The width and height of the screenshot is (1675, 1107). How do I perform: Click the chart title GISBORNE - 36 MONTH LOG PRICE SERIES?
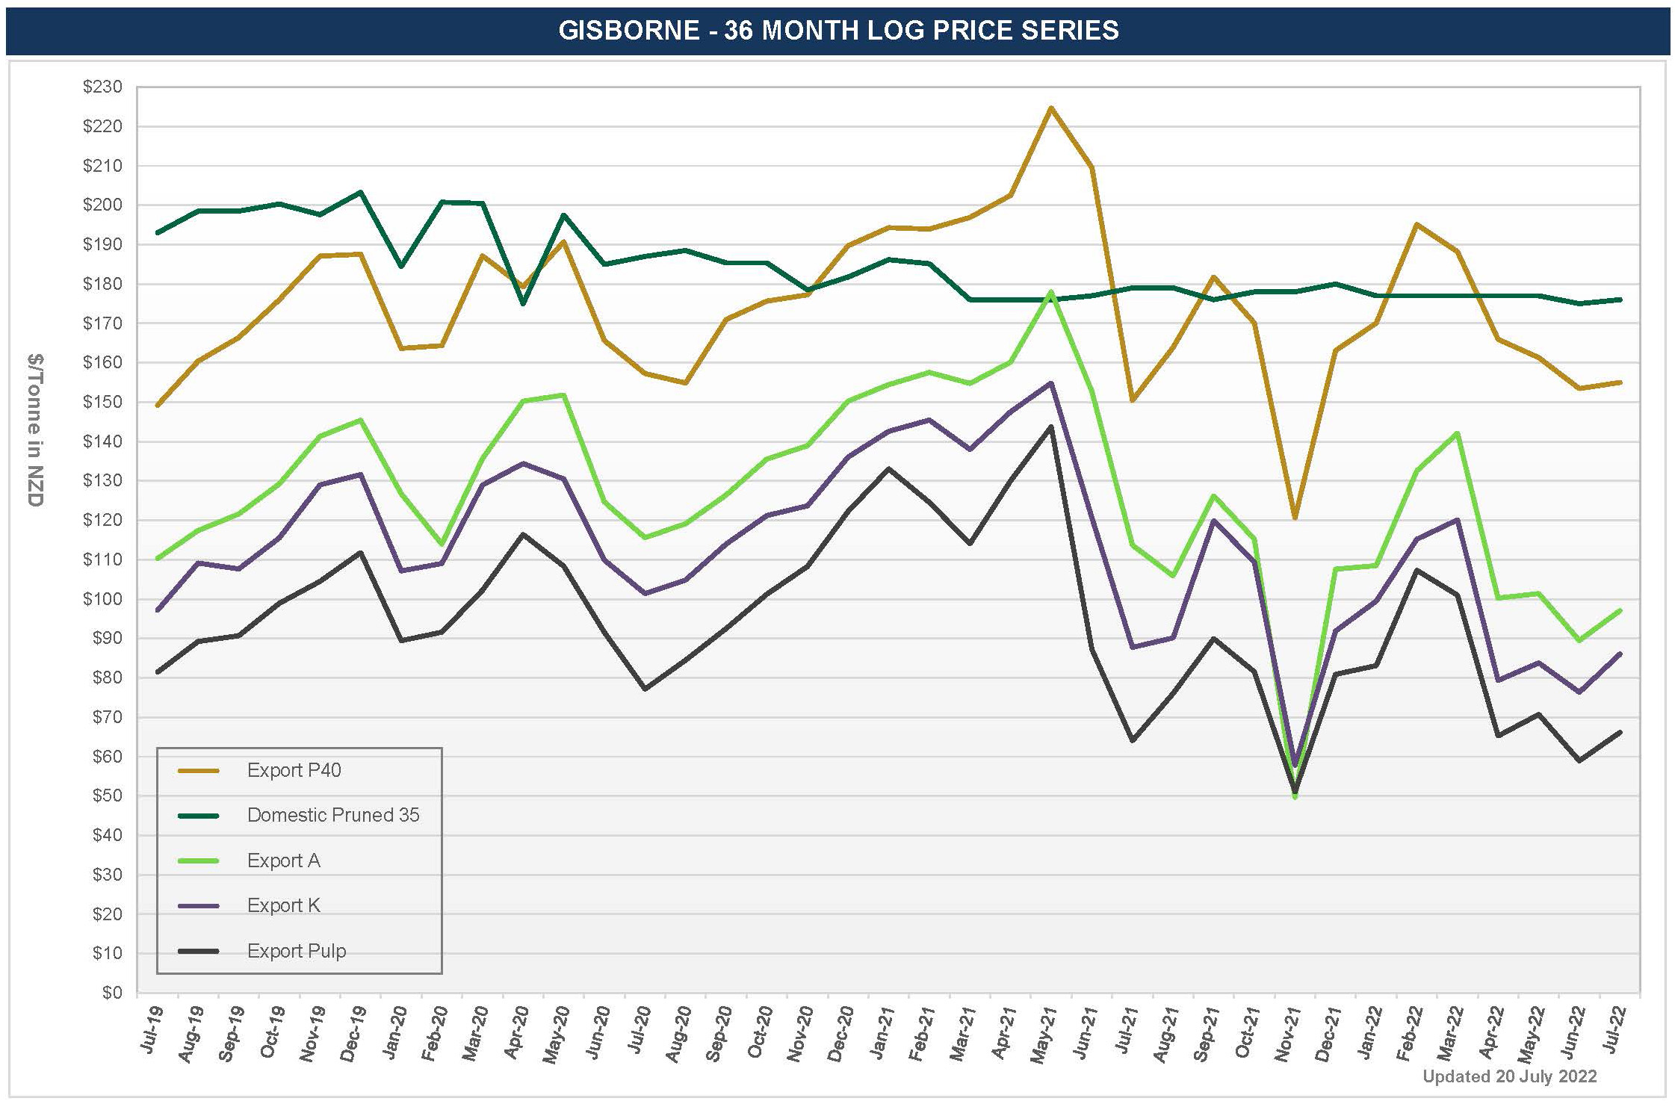coord(838,31)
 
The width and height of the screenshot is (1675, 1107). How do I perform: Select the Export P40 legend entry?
coord(294,770)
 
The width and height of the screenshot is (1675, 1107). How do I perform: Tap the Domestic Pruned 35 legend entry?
coord(332,815)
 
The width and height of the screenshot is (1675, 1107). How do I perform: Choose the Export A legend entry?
coord(283,861)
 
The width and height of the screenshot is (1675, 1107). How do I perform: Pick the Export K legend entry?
coord(283,905)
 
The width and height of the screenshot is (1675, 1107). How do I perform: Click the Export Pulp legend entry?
coord(296,951)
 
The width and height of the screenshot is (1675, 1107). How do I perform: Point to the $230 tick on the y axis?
coord(102,87)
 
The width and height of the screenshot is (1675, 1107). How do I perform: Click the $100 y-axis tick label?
coord(102,599)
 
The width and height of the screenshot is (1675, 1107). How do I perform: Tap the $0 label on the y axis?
coord(111,993)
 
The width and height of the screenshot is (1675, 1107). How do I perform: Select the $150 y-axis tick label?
coord(102,403)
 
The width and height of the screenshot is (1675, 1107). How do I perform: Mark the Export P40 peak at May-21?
coord(1051,108)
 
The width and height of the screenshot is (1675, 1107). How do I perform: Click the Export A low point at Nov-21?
coord(1295,797)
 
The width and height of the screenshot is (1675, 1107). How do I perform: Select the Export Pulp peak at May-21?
coord(1051,427)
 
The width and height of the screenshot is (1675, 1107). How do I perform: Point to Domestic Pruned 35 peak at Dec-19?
coord(360,193)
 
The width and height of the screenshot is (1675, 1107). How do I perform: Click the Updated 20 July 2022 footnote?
coord(1509,1076)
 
